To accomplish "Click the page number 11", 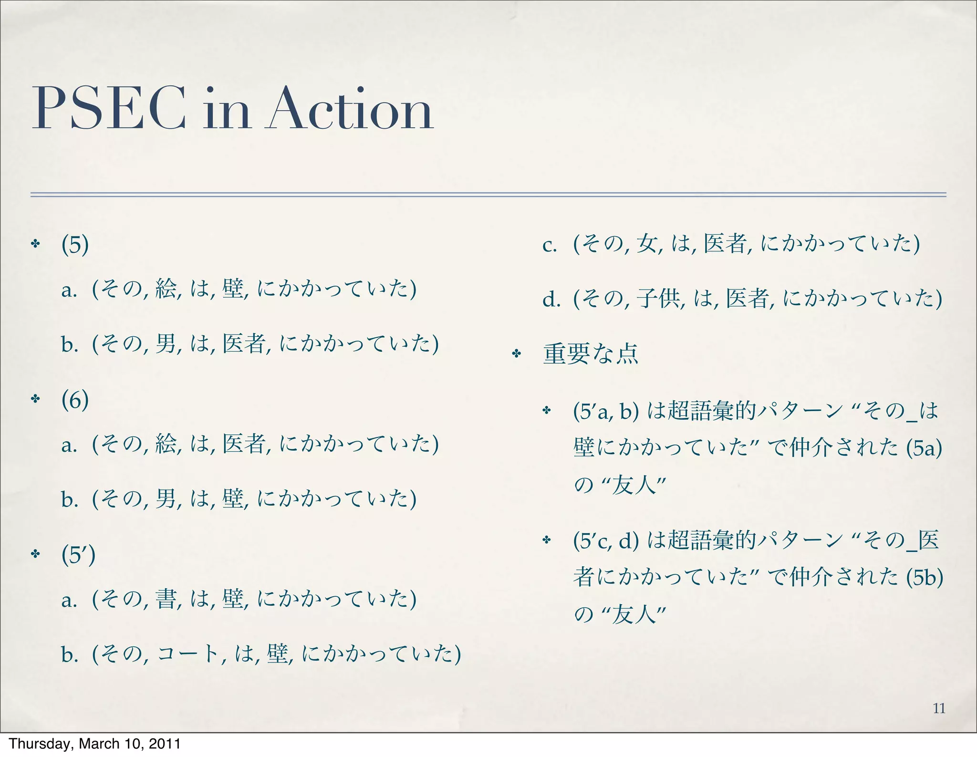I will pyautogui.click(x=939, y=708).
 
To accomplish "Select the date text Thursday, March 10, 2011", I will pyautogui.click(x=94, y=744).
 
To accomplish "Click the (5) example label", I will pyautogui.click(x=75, y=245).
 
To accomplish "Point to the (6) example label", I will pyautogui.click(x=75, y=400).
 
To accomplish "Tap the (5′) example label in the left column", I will pyautogui.click(x=78, y=554).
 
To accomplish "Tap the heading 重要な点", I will pyautogui.click(x=591, y=354).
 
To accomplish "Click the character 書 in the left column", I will pyautogui.click(x=166, y=599).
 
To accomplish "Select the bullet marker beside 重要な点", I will pyautogui.click(x=516, y=354).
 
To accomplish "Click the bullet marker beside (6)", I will pyautogui.click(x=35, y=399).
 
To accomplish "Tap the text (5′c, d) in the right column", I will pyautogui.click(x=606, y=541).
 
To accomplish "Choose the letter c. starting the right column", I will pyautogui.click(x=550, y=246).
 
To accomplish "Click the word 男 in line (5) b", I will pyautogui.click(x=166, y=344).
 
